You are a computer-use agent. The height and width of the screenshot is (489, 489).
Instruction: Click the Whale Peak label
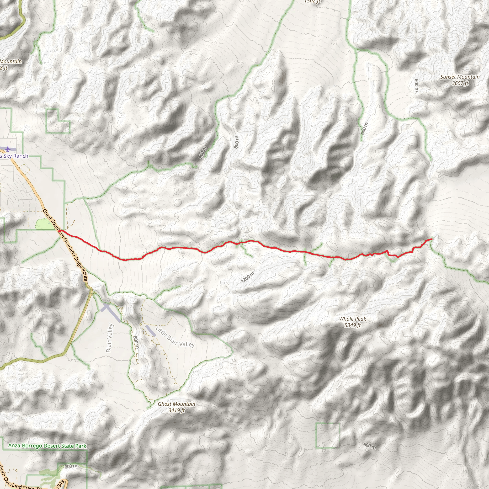coord(353,319)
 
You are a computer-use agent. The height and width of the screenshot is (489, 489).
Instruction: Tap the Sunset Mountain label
coord(460,77)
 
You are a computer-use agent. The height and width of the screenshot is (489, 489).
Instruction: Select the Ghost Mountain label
coord(176,404)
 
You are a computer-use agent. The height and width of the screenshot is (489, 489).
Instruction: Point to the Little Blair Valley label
coord(175,337)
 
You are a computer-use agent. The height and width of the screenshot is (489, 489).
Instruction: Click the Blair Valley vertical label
coord(109,338)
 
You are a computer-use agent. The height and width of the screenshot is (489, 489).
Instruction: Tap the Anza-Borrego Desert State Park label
coord(47,446)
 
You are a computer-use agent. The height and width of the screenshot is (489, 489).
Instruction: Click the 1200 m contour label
coord(248,277)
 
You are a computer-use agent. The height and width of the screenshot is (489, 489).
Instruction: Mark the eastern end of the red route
coord(431,239)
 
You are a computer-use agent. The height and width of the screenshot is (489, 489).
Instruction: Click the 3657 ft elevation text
coord(460,83)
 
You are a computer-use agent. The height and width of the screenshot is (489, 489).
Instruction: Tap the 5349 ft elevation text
coord(353,325)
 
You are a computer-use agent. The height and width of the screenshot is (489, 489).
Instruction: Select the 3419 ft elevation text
coord(177,410)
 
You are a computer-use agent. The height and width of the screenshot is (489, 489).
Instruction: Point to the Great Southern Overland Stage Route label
coord(65,245)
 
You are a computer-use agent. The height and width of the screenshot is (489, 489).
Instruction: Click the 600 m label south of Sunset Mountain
coord(416,85)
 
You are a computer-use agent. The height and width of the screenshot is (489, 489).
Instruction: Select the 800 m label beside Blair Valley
coord(136,342)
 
